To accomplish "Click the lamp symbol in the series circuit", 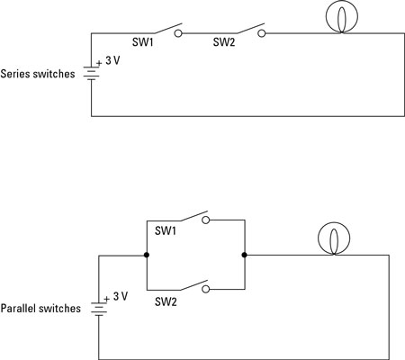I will point(340,20).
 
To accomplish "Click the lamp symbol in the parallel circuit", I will point(332,239).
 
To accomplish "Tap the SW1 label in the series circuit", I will point(141,41).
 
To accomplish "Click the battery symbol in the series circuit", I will point(91,72).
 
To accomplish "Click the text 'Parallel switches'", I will point(41,308).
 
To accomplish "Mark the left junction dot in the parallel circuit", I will point(145,255).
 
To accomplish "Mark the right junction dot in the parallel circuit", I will point(244,255).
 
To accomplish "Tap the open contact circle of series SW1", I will point(178,34).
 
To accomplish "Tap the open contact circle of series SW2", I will point(263,34).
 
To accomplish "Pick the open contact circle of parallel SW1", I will point(205,219).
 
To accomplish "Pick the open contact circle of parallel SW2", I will point(205,289).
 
